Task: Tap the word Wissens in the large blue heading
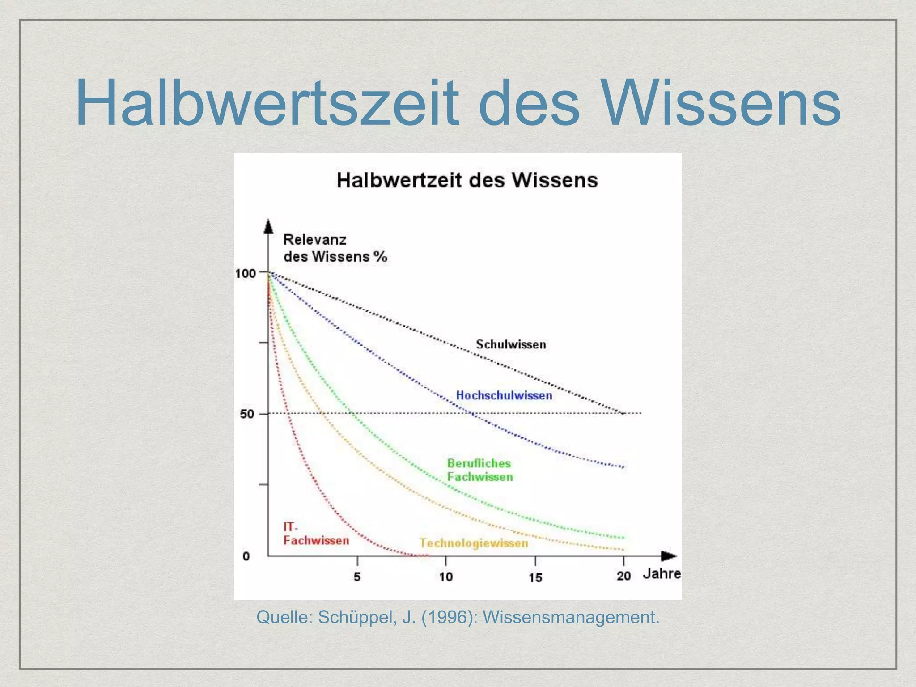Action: pyautogui.click(x=721, y=104)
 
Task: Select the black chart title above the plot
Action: pyautogui.click(x=467, y=180)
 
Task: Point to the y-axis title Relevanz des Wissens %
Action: pyautogui.click(x=335, y=248)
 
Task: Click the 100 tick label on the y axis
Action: pyautogui.click(x=246, y=273)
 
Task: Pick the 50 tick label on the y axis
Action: pyautogui.click(x=247, y=414)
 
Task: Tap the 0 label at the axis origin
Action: pyautogui.click(x=246, y=556)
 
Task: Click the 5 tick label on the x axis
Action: pyautogui.click(x=357, y=577)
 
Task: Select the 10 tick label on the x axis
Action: pyautogui.click(x=446, y=577)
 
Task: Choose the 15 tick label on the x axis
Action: pyautogui.click(x=535, y=577)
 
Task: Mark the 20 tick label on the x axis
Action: pyautogui.click(x=623, y=576)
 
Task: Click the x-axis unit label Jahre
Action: pyautogui.click(x=662, y=574)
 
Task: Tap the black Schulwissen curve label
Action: pyautogui.click(x=511, y=344)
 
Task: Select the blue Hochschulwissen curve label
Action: pyautogui.click(x=504, y=395)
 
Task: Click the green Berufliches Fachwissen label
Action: pyautogui.click(x=480, y=470)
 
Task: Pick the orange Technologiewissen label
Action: pyautogui.click(x=474, y=543)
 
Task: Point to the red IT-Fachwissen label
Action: pyautogui.click(x=316, y=534)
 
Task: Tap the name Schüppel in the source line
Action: pyautogui.click(x=356, y=617)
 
